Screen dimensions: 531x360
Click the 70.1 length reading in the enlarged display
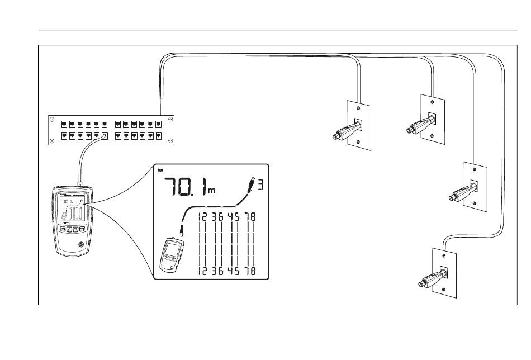[x=185, y=187]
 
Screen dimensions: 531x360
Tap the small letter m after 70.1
[x=212, y=191]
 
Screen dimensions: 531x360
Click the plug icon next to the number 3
[x=252, y=184]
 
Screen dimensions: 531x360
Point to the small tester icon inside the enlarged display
[x=172, y=255]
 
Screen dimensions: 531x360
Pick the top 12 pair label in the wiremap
[x=202, y=217]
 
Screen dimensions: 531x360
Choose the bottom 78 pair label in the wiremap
[x=251, y=271]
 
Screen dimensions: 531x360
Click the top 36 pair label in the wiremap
[x=218, y=217]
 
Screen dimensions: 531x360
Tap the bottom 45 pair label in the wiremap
[x=234, y=271]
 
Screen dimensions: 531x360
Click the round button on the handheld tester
[x=81, y=244]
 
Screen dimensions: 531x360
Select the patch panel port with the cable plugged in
[x=105, y=136]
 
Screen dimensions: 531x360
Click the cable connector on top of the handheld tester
[x=80, y=184]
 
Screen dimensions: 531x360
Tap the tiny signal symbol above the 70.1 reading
[x=160, y=170]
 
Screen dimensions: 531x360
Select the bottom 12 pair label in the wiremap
[x=202, y=271]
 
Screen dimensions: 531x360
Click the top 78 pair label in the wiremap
[x=251, y=217]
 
